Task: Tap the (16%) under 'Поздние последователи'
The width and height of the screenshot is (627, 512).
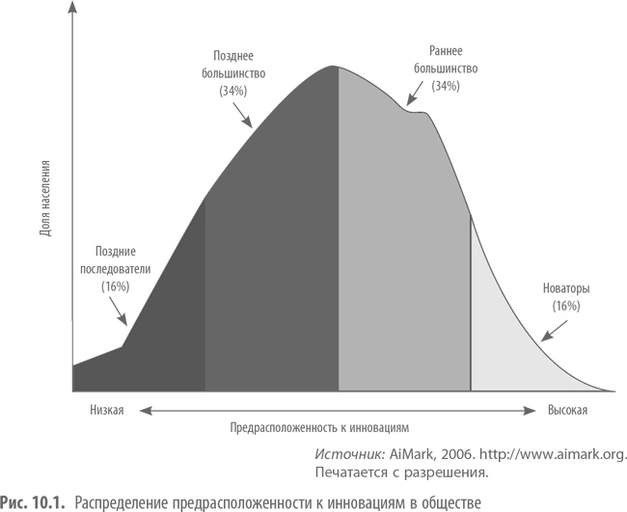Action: tap(114, 286)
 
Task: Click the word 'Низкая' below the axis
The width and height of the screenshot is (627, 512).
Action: tap(106, 410)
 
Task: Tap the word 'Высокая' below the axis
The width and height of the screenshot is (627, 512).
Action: tap(566, 410)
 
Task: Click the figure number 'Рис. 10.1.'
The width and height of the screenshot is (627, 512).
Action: tap(34, 500)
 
